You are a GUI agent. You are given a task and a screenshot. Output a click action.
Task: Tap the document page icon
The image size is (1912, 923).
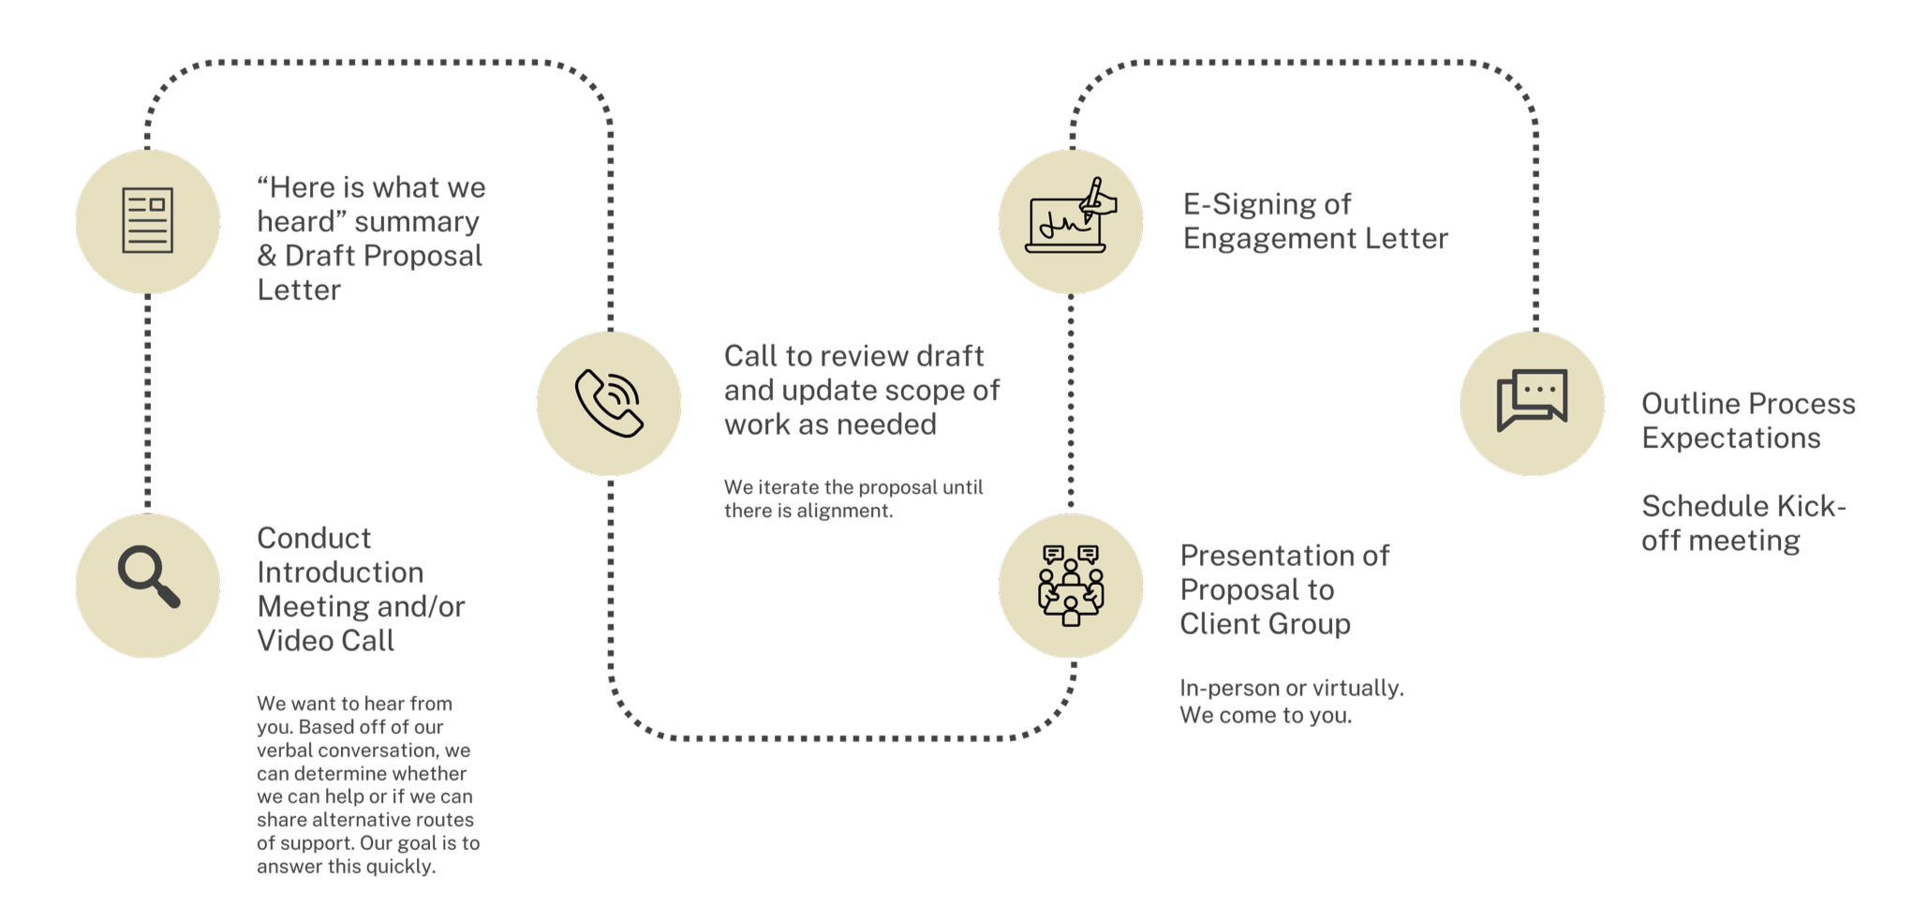(148, 221)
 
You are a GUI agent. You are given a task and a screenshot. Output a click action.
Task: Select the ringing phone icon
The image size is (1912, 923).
(609, 403)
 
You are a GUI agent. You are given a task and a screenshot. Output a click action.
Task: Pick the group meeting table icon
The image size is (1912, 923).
(1071, 585)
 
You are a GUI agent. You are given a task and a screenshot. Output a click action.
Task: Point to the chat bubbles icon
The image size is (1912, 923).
(1532, 401)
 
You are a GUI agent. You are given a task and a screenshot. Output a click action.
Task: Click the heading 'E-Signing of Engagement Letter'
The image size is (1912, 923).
(1314, 221)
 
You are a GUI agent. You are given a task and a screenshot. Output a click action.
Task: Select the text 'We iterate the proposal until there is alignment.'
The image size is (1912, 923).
(853, 499)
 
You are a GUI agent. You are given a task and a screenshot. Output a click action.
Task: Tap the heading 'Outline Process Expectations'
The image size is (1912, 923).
(1748, 421)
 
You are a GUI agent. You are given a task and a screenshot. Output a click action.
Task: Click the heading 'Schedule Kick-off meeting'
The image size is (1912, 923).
(1743, 523)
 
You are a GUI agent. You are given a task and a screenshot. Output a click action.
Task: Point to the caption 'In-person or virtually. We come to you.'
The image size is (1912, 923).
(1291, 701)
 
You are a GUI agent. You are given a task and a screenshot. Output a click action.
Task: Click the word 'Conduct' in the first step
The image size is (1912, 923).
(314, 538)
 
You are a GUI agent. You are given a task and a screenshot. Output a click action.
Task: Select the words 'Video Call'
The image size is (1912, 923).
(326, 641)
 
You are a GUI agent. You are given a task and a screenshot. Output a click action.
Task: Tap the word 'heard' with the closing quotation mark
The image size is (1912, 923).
(299, 222)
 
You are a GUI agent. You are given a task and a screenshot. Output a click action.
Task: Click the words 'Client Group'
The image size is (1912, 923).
(1265, 624)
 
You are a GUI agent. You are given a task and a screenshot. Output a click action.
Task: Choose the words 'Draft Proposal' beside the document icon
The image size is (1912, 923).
(383, 256)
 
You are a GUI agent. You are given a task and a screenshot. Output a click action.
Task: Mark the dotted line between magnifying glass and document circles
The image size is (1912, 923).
(148, 403)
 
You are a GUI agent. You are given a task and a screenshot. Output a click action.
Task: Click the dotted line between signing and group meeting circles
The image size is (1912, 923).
(1071, 403)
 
